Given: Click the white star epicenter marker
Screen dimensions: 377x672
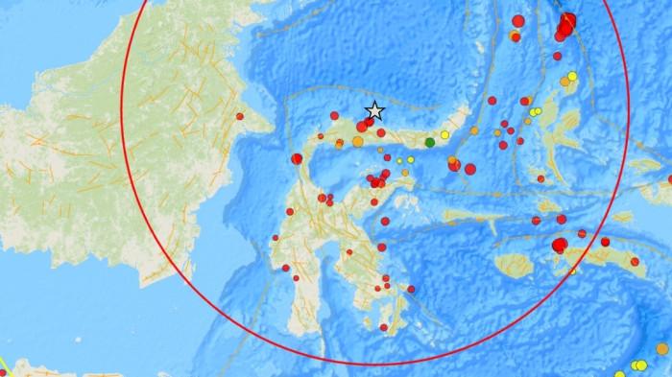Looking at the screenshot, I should pyautogui.click(x=375, y=111).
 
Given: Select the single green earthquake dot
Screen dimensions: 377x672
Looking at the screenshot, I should pyautogui.click(x=430, y=143).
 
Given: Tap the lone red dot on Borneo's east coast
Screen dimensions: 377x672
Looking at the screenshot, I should pyautogui.click(x=240, y=118).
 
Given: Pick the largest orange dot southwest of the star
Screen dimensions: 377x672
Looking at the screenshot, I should pyautogui.click(x=357, y=142).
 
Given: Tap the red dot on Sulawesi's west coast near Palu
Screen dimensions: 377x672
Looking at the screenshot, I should pyautogui.click(x=295, y=157).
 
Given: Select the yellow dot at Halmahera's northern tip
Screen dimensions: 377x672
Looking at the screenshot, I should pyautogui.click(x=572, y=77).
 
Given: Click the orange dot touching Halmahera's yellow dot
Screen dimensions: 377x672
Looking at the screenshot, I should pyautogui.click(x=564, y=82).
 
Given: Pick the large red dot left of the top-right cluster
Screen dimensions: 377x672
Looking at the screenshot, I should pyautogui.click(x=518, y=21).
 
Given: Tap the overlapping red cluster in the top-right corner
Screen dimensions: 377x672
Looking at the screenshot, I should pyautogui.click(x=566, y=23).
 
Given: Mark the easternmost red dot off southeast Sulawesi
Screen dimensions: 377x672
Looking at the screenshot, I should pyautogui.click(x=411, y=288).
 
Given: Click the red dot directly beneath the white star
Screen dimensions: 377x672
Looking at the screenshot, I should pyautogui.click(x=370, y=122).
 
